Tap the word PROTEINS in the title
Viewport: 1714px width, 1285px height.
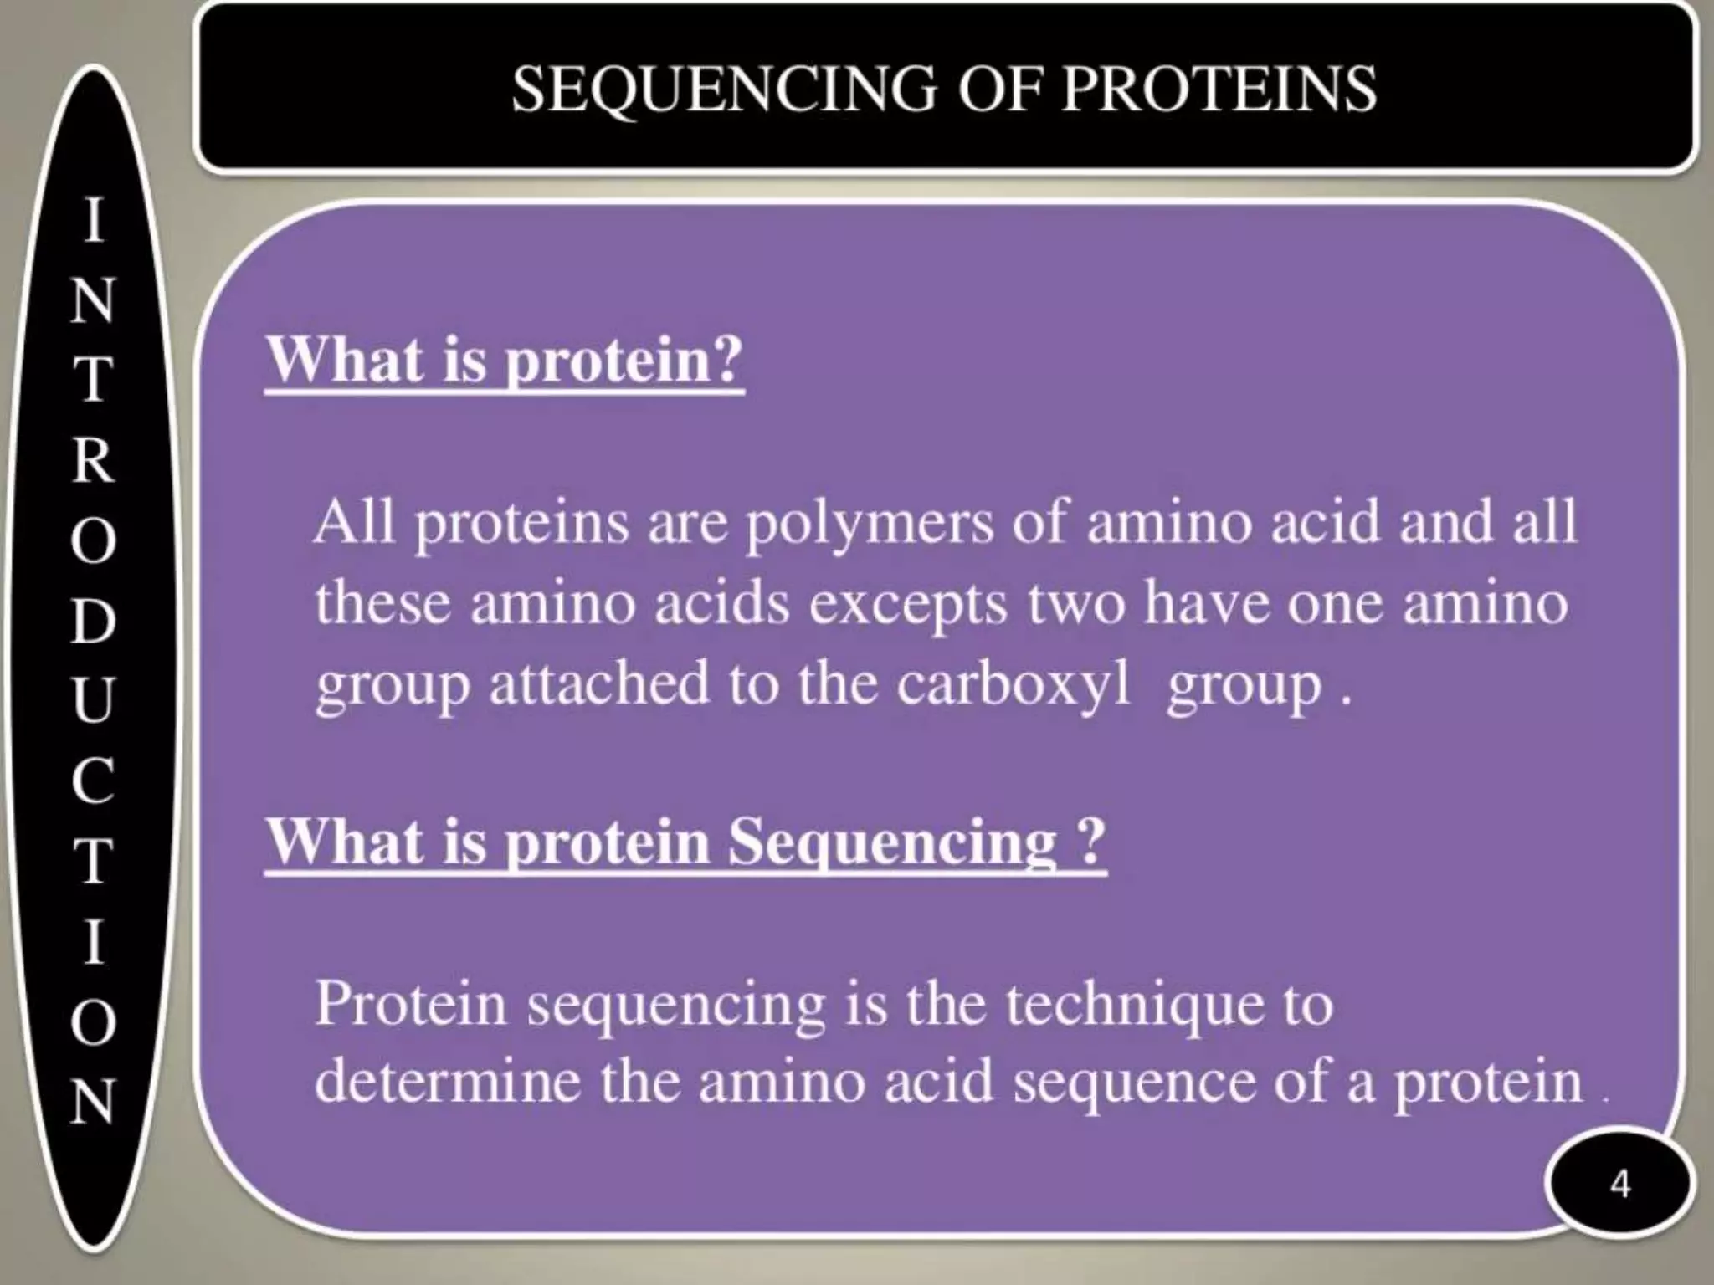[x=1218, y=89]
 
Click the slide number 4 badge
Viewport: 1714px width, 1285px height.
[x=1619, y=1185]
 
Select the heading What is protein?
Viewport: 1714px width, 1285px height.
[x=505, y=361]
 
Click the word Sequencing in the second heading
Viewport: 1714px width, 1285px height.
[x=892, y=842]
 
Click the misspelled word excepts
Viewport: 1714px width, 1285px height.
[x=907, y=604]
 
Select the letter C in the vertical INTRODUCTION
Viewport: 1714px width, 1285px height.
[x=92, y=780]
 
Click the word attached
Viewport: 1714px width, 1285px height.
[x=599, y=684]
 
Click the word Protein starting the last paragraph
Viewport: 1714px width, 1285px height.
[x=411, y=1003]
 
